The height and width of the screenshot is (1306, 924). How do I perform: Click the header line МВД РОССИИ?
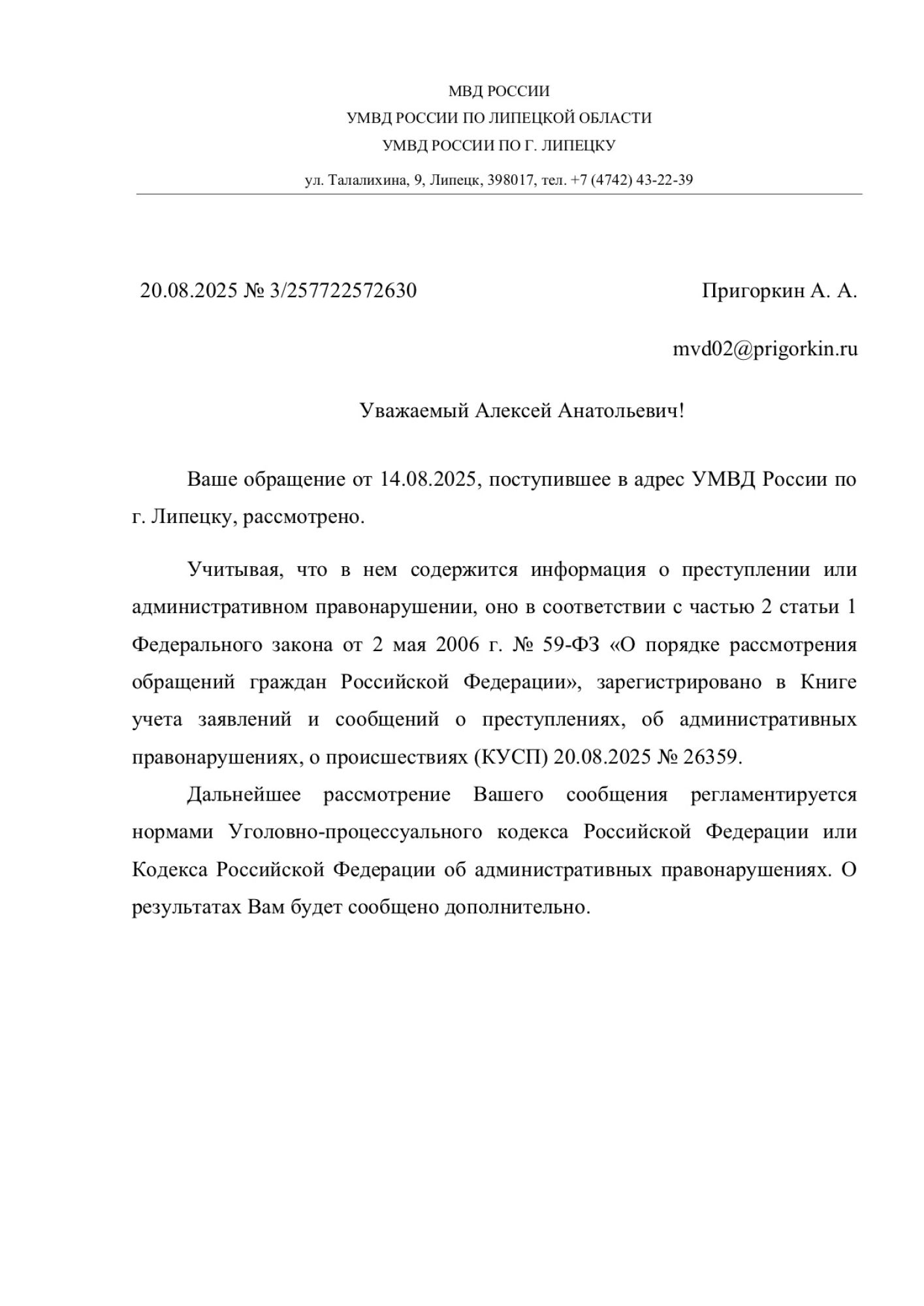point(499,91)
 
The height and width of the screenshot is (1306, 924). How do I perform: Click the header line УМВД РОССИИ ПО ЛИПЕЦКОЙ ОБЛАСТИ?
point(499,118)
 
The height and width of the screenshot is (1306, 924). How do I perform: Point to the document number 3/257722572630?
point(343,291)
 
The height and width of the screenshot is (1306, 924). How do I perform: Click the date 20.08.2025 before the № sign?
point(189,291)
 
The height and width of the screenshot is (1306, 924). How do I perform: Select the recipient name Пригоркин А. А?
point(779,291)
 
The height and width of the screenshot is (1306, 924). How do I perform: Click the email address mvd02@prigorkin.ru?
point(765,349)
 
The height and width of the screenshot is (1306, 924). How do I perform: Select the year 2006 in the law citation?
point(458,645)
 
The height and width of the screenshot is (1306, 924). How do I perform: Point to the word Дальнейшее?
point(244,795)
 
